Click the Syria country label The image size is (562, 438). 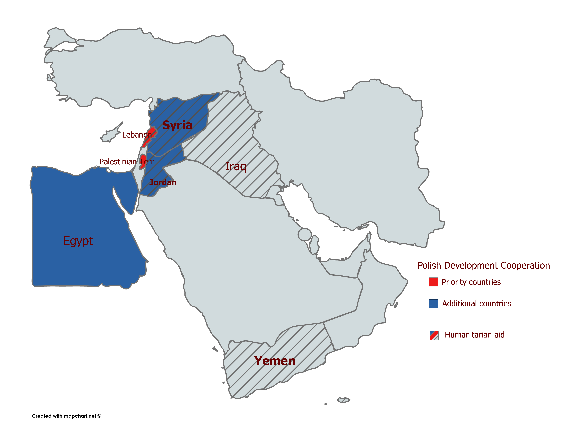[x=177, y=125]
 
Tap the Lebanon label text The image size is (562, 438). [x=137, y=135]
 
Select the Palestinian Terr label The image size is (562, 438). [x=126, y=162]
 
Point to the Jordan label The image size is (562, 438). [x=163, y=182]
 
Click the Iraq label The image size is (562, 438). [x=236, y=166]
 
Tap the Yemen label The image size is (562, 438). [x=275, y=361]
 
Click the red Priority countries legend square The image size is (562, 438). [x=433, y=282]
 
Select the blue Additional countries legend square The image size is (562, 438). [x=433, y=304]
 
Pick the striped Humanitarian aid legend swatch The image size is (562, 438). [x=434, y=335]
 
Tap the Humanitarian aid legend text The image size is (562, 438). [x=474, y=335]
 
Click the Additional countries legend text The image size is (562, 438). [x=477, y=304]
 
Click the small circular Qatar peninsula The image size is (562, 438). [x=305, y=234]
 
